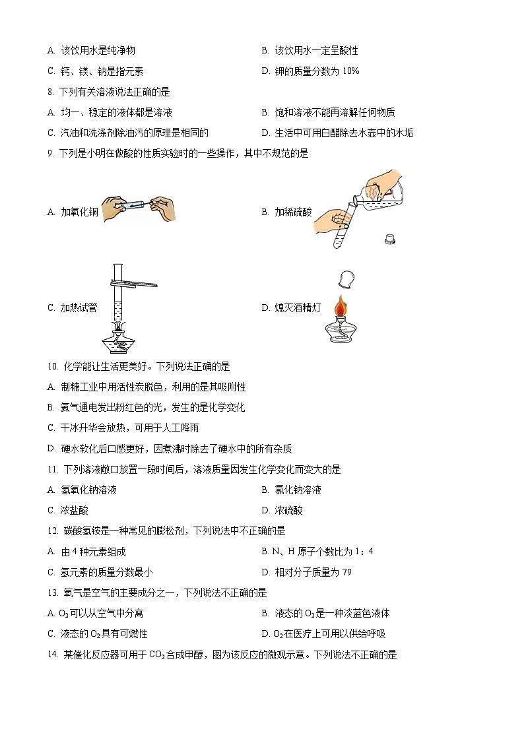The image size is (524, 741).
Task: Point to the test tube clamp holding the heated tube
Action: [135, 284]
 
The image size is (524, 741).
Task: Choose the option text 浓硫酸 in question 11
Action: [289, 510]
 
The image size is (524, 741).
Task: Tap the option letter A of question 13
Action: [51, 614]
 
